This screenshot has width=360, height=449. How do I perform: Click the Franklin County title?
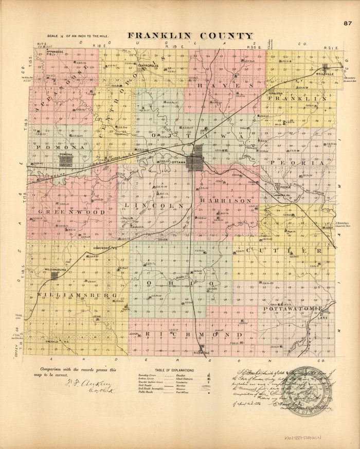pyautogui.click(x=191, y=36)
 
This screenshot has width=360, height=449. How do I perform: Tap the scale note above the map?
pyautogui.click(x=77, y=36)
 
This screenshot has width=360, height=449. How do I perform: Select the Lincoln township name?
pyautogui.click(x=151, y=205)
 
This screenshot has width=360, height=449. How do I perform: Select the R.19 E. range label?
pyautogui.click(x=173, y=47)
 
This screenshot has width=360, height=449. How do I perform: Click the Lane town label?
pyautogui.click(x=323, y=319)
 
